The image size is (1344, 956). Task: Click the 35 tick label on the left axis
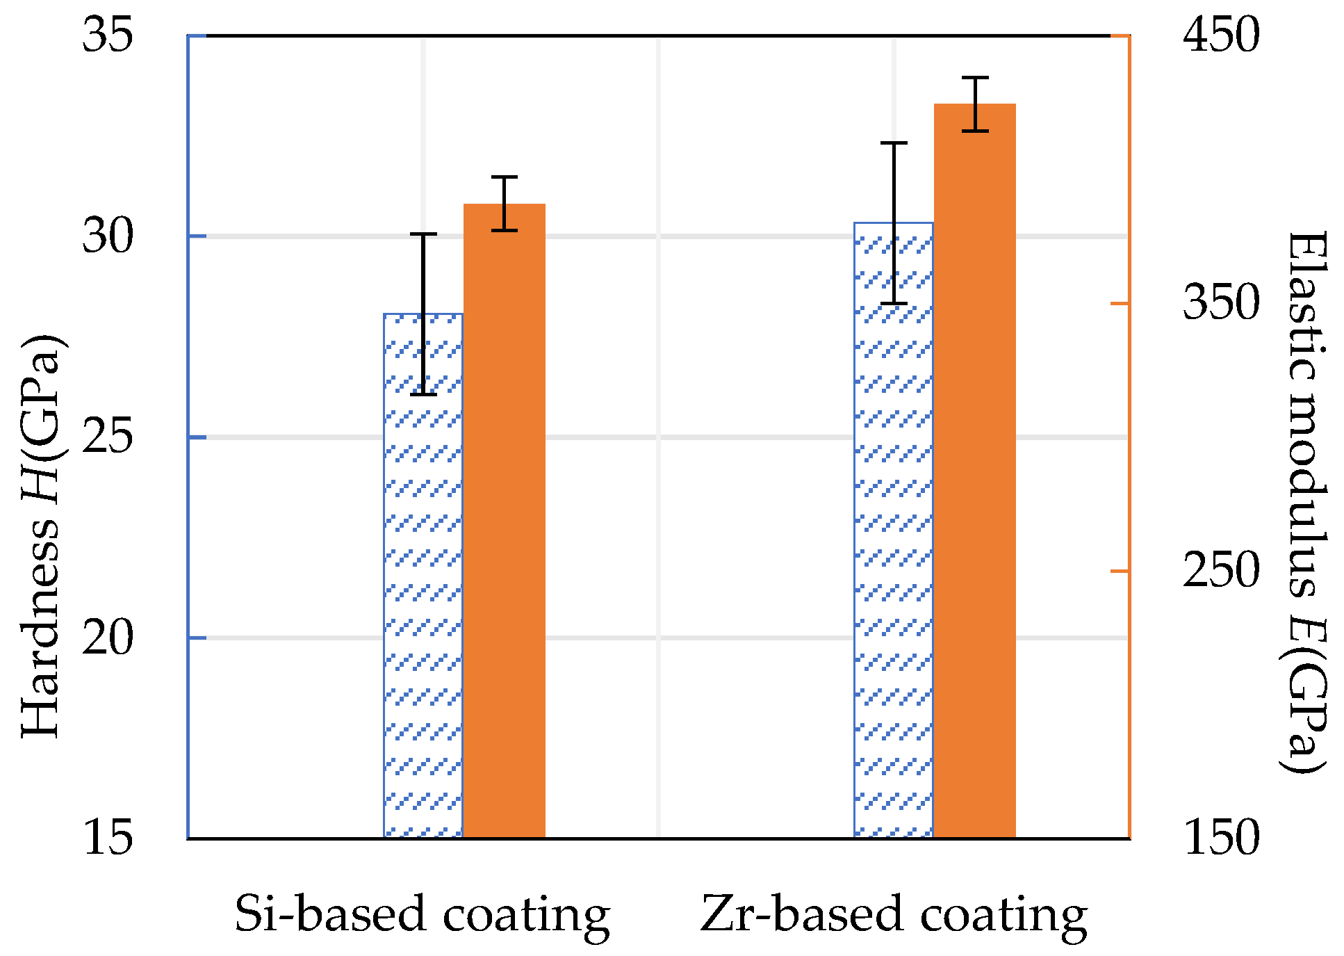click(107, 35)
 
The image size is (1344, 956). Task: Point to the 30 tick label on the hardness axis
click(107, 236)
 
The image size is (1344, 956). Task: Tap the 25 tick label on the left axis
click(107, 437)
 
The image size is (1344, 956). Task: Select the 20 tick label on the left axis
click(107, 638)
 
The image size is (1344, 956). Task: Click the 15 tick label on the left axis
click(107, 837)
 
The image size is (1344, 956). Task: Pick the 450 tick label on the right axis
click(1221, 35)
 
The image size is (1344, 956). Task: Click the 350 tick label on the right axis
click(1221, 302)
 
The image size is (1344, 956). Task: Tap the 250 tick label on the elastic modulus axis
click(1221, 571)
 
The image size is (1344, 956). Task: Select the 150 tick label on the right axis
click(1221, 837)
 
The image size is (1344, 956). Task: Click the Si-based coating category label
click(422, 914)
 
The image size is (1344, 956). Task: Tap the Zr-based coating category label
click(894, 914)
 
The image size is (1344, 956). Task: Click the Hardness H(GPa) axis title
click(42, 535)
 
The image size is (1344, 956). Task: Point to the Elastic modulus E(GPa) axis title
click(1305, 502)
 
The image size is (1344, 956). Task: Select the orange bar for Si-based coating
click(505, 521)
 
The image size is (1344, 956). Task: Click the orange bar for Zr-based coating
click(974, 473)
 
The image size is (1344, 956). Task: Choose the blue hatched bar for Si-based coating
click(423, 577)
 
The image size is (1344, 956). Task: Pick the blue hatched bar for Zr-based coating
click(893, 528)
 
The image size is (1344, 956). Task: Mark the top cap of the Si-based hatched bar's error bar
click(423, 234)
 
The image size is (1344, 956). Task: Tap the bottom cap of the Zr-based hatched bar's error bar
click(894, 303)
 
